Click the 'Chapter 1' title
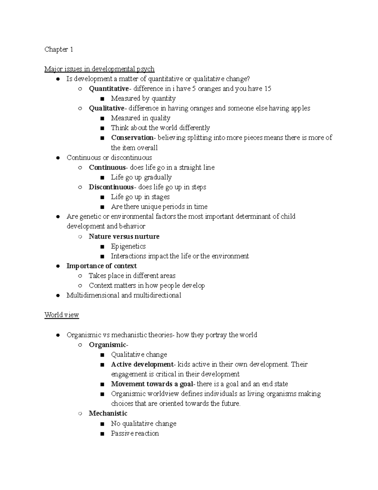coord(59,49)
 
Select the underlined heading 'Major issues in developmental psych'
coord(99,69)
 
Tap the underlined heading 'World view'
coord(61,315)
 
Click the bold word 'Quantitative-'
coord(109,89)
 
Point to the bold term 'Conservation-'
coord(132,138)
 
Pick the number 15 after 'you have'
coord(267,89)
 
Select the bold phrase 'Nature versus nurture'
coord(124,236)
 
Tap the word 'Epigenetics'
coord(128,246)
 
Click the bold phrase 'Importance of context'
coord(101,266)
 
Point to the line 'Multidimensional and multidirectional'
coord(124,295)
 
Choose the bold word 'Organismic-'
coord(108,345)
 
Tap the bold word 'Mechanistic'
coord(108,413)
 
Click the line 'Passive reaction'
coord(135,433)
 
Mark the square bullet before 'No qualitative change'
coord(102,424)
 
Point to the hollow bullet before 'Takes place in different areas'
coord(80,276)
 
